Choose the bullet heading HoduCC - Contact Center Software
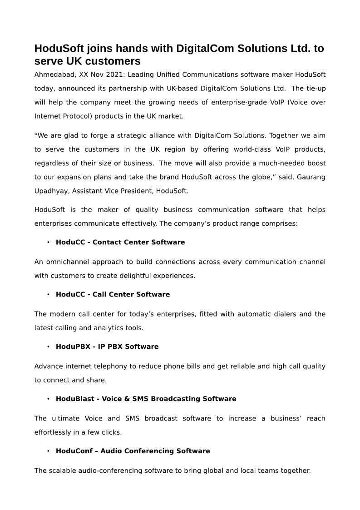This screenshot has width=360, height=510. coord(120,243)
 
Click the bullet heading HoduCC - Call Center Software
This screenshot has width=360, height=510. coord(113,295)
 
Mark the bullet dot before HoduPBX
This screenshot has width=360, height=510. coord(48,347)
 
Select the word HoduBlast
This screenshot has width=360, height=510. coord(74,399)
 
